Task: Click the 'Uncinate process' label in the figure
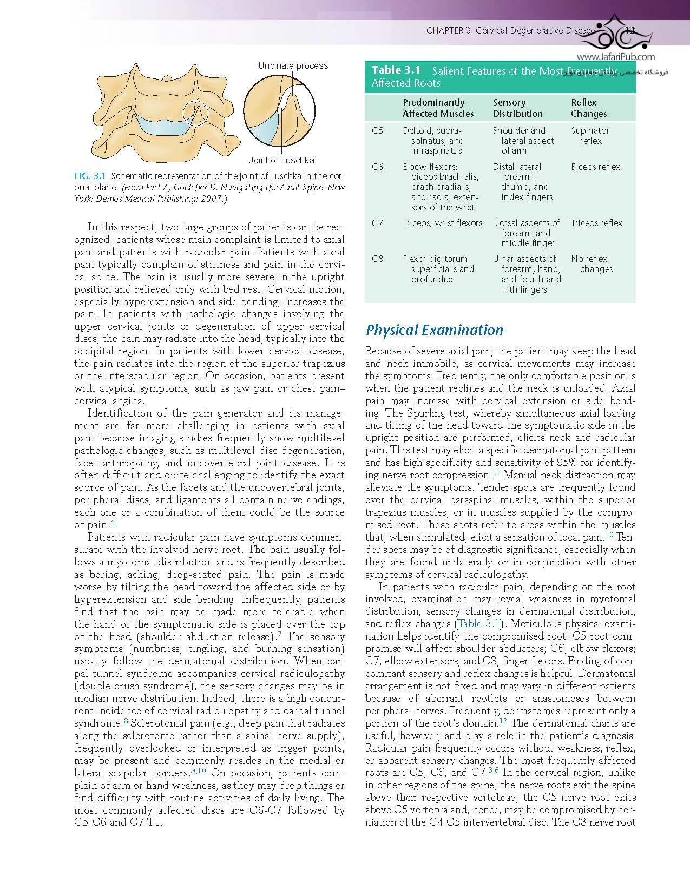pos(293,65)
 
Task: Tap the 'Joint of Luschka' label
pos(281,160)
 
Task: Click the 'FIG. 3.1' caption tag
pos(90,176)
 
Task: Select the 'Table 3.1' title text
pos(396,70)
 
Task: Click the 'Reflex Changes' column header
pos(589,108)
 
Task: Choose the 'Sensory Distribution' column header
pos(517,108)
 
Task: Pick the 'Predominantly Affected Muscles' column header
pos(438,108)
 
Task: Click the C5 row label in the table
pos(378,130)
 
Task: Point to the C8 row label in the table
pos(378,259)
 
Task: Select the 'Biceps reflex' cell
pos(595,167)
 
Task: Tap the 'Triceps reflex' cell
pos(596,223)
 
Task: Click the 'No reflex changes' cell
pos(592,264)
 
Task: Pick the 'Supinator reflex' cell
pos(590,135)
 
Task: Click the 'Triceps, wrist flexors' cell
pos(442,223)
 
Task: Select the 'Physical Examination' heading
pos(435,330)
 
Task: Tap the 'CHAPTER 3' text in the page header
pos(448,31)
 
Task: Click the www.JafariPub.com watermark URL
pos(616,57)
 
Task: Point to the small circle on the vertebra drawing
pos(195,113)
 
